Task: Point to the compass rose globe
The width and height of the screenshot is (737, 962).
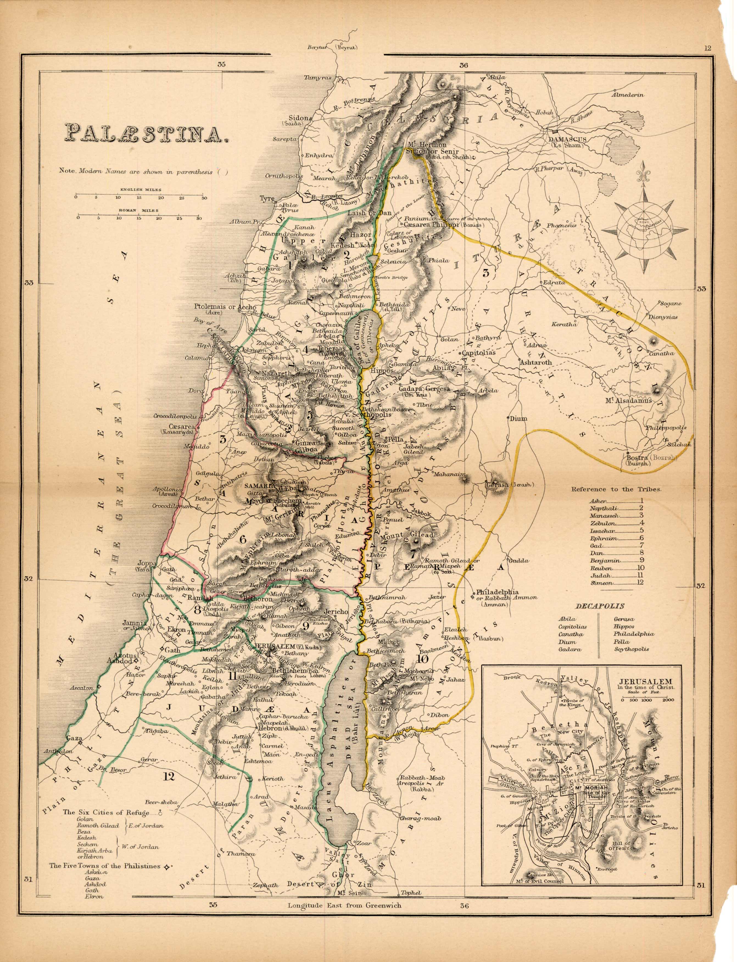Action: click(x=644, y=229)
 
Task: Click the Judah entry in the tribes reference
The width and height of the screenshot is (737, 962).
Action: click(x=597, y=575)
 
